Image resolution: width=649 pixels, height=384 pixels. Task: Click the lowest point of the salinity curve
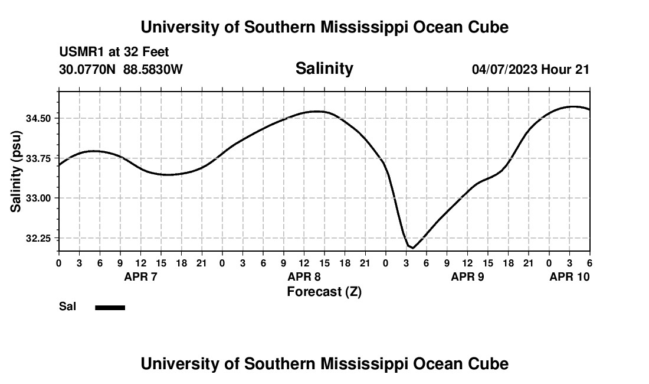412,248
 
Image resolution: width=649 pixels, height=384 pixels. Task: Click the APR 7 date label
140,276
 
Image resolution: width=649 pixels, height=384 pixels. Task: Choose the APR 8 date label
304,276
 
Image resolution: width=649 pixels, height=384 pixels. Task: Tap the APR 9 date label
467,276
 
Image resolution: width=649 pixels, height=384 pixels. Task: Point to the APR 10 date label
569,276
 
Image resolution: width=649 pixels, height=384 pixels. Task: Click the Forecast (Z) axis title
324,292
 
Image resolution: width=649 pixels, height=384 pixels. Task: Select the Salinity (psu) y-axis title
17,171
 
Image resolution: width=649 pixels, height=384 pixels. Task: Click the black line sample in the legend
110,307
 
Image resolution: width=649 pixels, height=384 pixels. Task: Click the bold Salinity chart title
324,69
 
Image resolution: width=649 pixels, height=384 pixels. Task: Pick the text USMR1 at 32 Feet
114,53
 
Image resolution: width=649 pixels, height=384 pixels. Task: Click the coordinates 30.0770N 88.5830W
121,70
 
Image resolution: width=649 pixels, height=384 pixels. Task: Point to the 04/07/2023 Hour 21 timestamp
530,70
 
